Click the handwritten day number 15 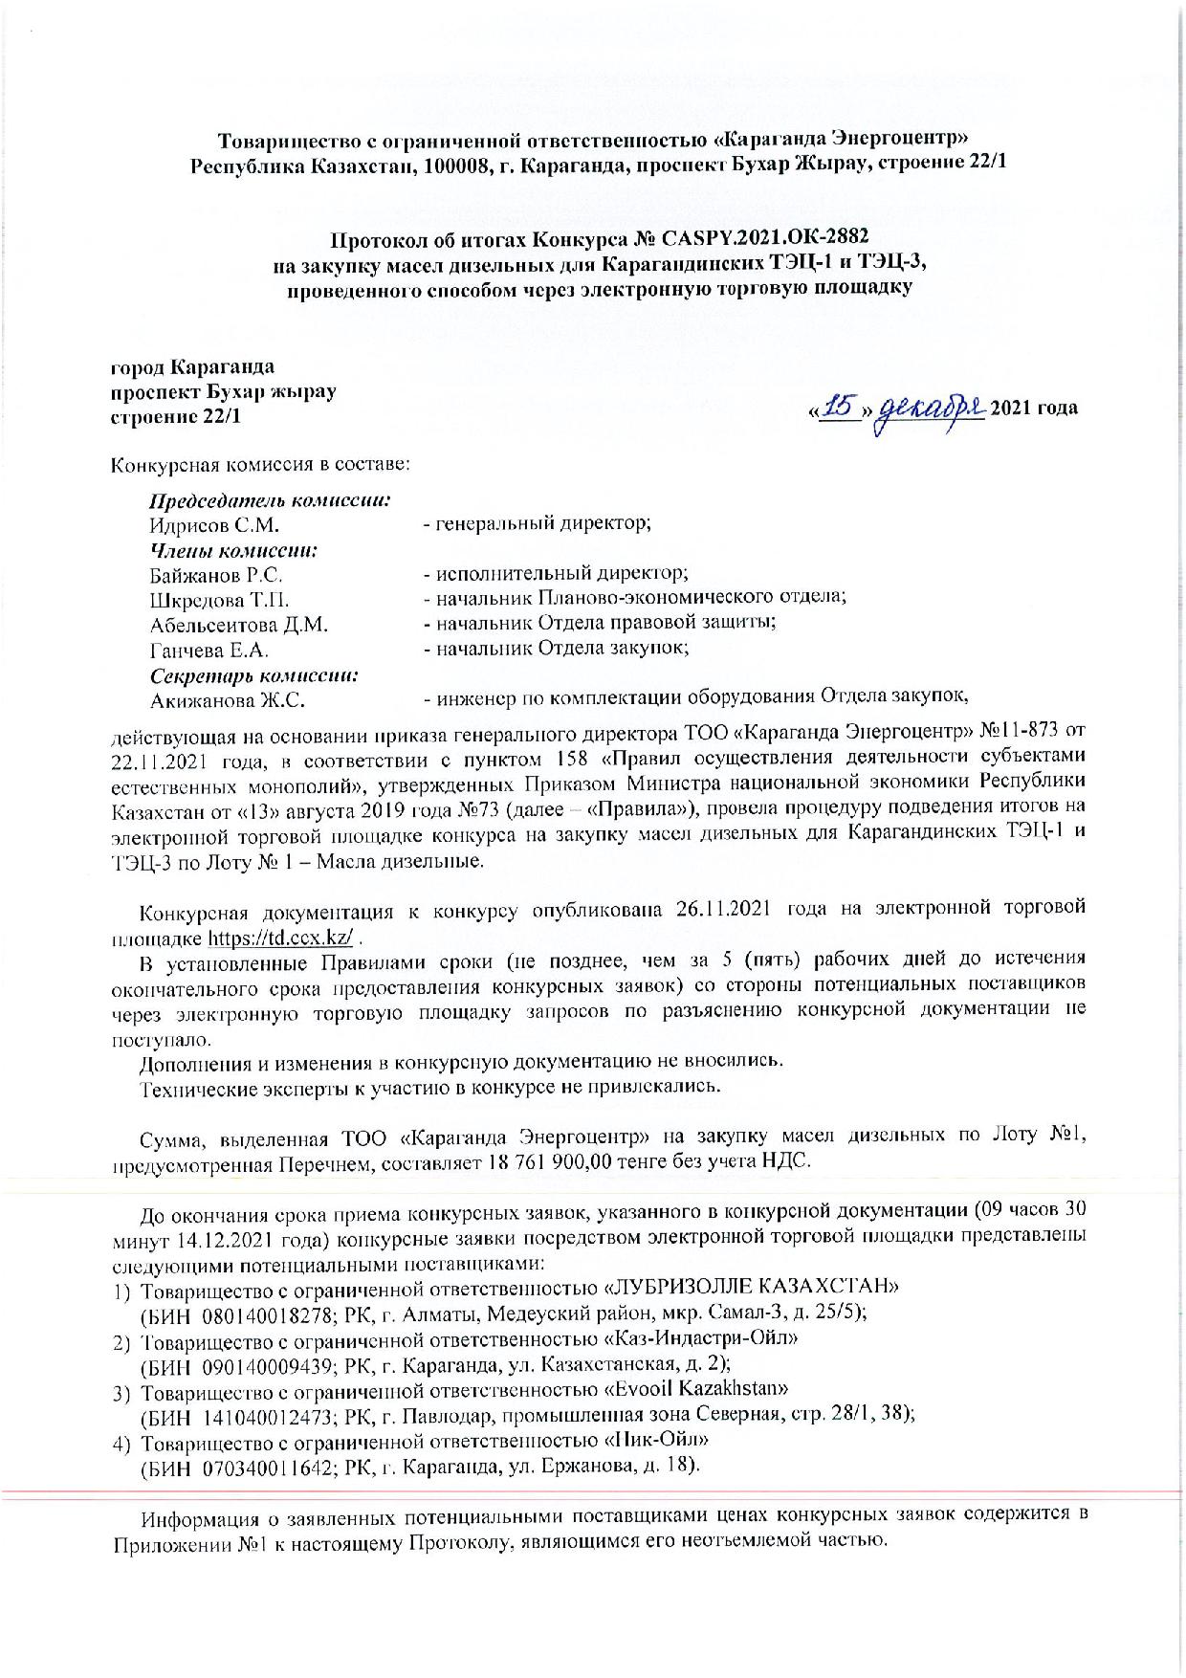point(839,408)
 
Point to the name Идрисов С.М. point(214,525)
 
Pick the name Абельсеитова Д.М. point(239,626)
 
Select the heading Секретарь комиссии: point(254,676)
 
